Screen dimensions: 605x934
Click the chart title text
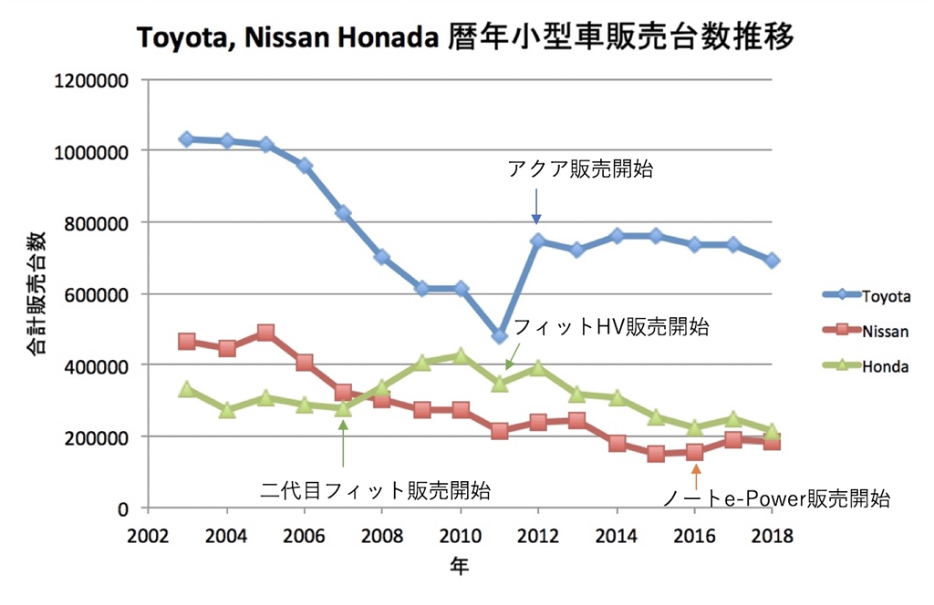pos(465,37)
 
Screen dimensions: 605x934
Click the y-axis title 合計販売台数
pos(36,293)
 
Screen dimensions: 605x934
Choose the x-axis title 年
pos(460,568)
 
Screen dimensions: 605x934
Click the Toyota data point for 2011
pos(499,336)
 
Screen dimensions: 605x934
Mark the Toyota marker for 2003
pos(186,139)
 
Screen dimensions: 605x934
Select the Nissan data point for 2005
pos(265,333)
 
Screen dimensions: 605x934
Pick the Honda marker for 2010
pos(461,355)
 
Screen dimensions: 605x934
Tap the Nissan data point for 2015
pos(656,454)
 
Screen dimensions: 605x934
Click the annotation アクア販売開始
pos(580,169)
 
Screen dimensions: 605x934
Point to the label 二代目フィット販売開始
pos(375,491)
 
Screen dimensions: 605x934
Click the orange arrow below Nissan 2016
pos(695,477)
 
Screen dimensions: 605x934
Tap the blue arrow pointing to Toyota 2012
pos(536,206)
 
